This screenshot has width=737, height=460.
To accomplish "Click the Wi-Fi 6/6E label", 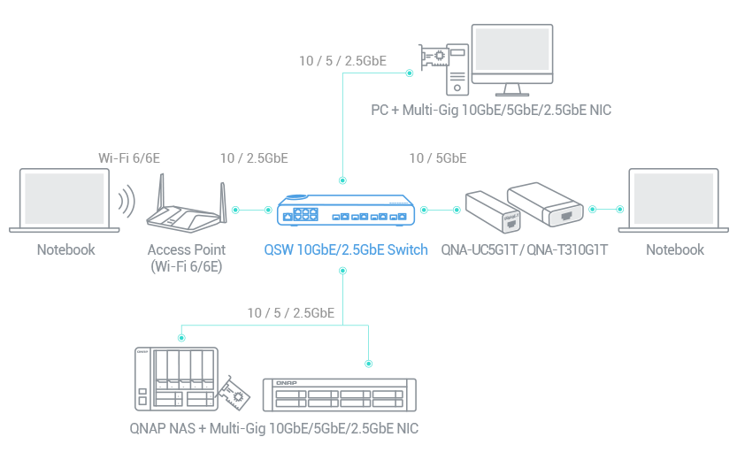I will click(128, 158).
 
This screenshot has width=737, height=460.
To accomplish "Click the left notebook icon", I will click(65, 201).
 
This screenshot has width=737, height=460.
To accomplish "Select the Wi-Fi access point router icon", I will click(186, 209).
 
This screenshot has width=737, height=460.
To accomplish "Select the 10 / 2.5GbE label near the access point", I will click(254, 158).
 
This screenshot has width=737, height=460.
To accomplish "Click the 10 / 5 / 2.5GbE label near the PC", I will click(342, 61).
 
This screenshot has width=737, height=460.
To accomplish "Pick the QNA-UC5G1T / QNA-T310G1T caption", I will click(525, 250).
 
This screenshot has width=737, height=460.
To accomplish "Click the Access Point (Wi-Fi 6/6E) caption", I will click(186, 257).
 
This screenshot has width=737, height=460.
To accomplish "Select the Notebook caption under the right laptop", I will click(674, 250).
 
